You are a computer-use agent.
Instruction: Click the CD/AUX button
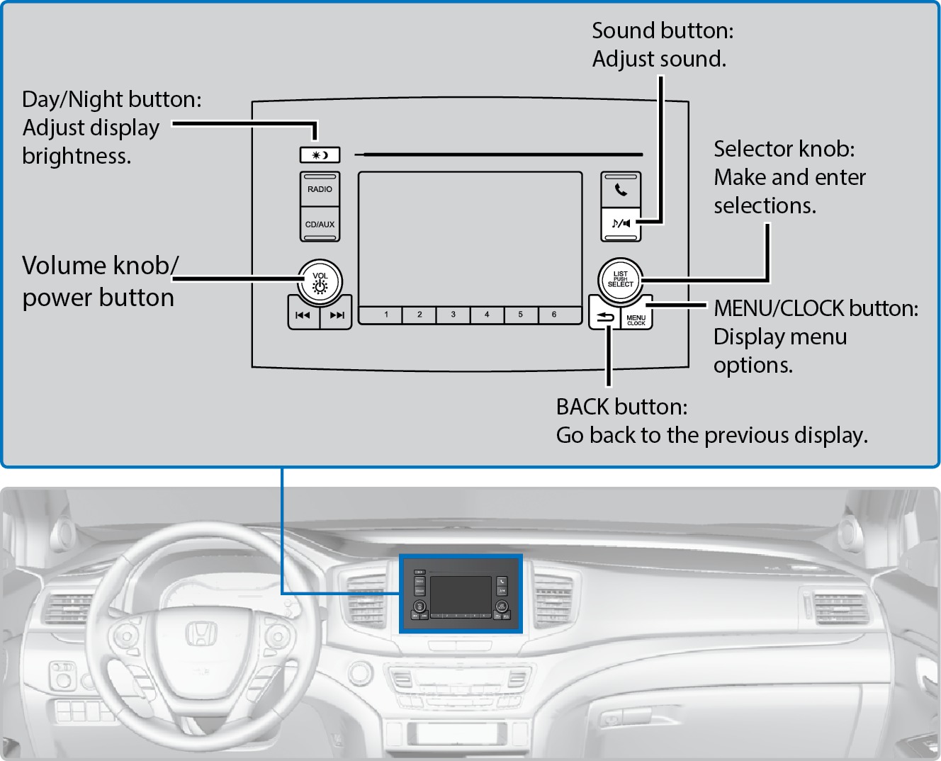tap(320, 225)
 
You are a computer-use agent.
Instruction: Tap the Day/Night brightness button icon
tap(320, 154)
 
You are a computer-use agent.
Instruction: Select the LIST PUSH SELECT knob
tap(620, 280)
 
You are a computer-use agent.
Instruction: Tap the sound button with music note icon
tap(621, 224)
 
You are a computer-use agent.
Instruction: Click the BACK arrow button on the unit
tap(604, 318)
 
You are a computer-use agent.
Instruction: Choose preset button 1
tap(386, 315)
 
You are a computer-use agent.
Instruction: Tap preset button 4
tap(487, 315)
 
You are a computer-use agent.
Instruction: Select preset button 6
tap(554, 315)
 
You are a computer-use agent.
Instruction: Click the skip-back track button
tap(303, 316)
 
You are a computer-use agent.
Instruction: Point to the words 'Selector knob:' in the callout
tap(784, 149)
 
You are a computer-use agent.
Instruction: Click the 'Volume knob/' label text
tap(100, 266)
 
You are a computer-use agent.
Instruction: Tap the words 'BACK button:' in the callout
tap(621, 407)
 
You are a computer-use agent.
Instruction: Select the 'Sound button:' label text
tap(663, 30)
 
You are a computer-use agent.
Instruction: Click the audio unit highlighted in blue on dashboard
tap(461, 594)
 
